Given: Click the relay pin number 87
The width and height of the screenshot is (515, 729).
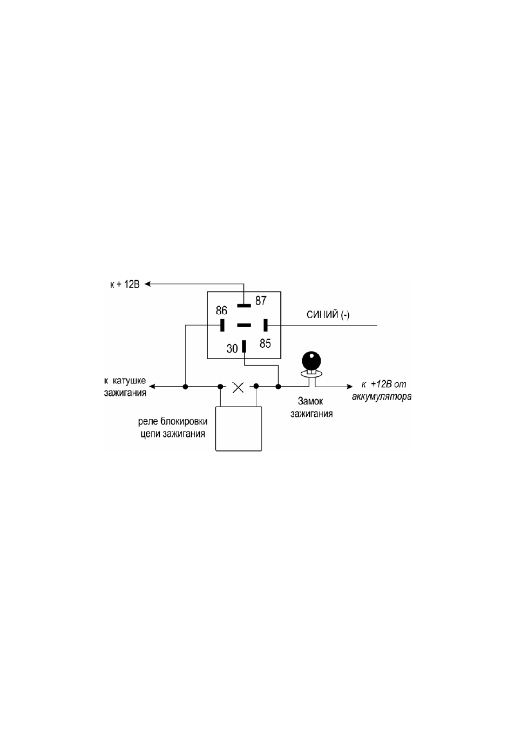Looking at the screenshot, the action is pos(261,300).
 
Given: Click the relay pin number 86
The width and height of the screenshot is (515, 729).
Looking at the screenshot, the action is pos(221,310).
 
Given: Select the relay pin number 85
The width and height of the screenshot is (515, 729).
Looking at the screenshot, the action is pos(265,343).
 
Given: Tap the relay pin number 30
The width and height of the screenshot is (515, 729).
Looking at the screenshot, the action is pos(232,348).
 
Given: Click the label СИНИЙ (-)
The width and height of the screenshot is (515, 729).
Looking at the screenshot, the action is pos(328,315).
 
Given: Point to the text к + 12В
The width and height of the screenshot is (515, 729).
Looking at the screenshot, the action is pos(125,285).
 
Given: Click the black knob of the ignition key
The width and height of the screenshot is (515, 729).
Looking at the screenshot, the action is pos(311,361).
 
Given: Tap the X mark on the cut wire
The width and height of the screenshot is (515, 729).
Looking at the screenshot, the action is pos(238,387).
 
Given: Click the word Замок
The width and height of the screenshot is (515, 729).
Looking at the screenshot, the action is pos(311,401).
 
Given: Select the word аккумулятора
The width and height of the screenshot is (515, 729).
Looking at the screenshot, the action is pos(382,397).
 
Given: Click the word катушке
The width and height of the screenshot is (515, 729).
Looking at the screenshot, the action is pos(131,381).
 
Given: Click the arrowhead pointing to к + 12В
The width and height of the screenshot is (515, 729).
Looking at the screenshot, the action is pos(147,284).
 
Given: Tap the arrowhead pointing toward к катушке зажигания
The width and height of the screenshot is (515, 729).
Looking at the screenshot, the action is pos(152,387).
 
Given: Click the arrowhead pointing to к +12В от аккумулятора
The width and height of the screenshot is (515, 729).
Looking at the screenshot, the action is pos(350,387).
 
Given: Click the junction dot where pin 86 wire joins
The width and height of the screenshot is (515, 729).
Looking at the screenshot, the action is pos(185,387).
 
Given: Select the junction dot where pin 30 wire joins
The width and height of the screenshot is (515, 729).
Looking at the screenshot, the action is pos(278,387).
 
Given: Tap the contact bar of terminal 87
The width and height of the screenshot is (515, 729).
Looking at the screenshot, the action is pos(244,306).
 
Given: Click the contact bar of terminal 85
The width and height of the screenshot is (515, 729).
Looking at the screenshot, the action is pos(266,325).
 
